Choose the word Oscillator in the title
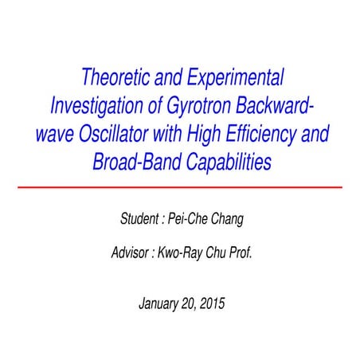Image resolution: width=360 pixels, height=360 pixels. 111,135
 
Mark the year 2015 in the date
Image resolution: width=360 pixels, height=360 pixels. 213,303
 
